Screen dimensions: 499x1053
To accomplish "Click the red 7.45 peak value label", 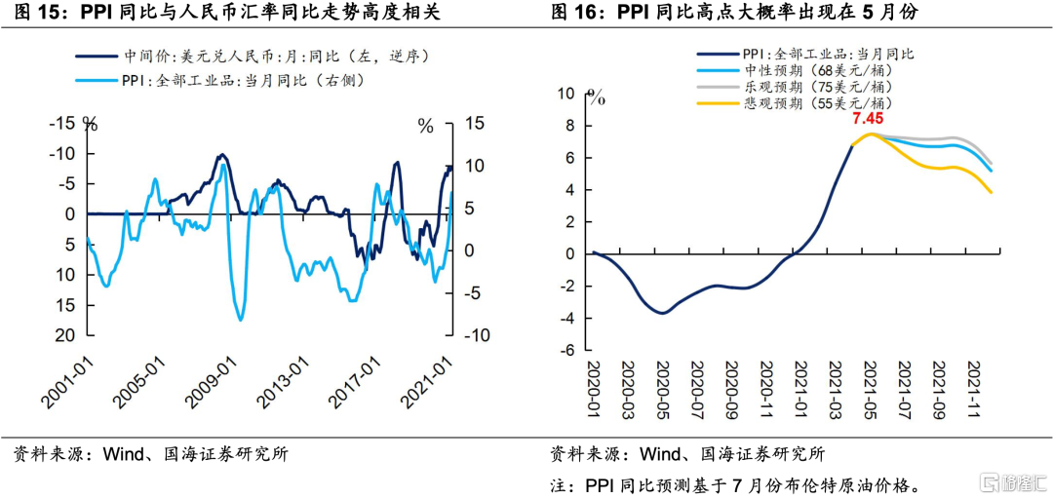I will [x=868, y=119].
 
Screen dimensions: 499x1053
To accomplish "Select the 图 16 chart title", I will [x=735, y=13].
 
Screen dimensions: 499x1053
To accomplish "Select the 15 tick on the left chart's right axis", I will [x=475, y=124].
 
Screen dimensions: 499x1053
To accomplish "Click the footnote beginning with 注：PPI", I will [x=736, y=484].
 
